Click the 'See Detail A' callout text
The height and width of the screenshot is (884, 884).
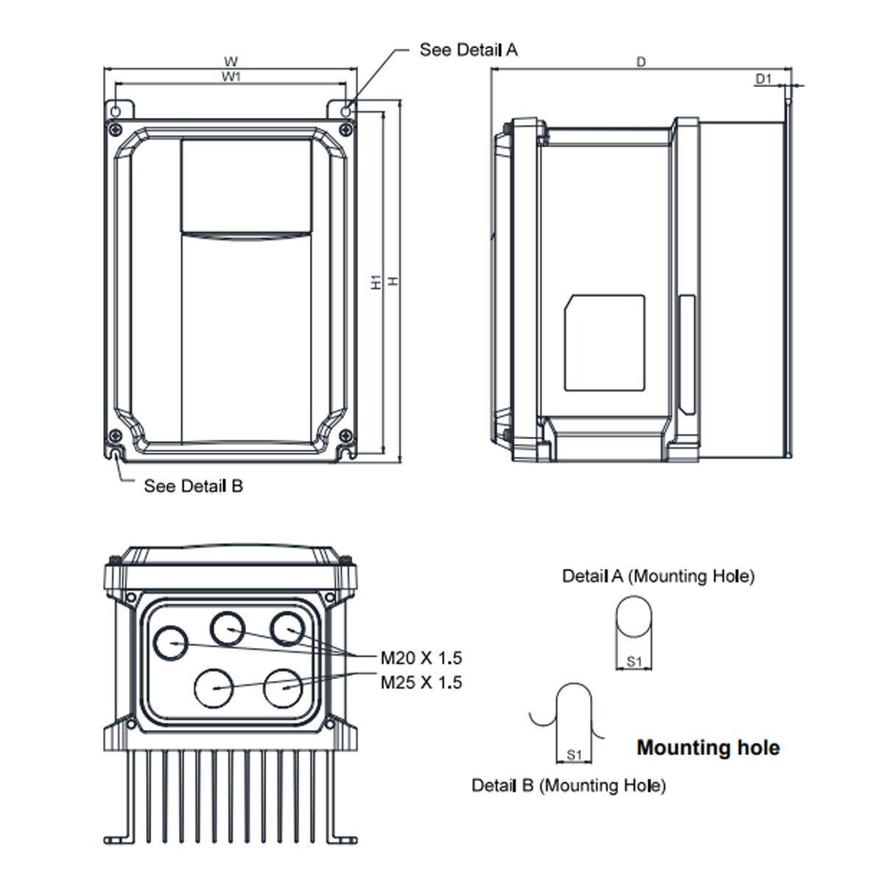point(469,50)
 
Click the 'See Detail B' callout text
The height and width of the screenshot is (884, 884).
point(193,486)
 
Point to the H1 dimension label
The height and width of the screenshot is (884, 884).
point(376,282)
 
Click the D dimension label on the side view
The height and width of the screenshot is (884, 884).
point(641,63)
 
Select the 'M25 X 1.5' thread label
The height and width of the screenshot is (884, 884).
point(421,683)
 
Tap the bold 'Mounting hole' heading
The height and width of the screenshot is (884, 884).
point(708,748)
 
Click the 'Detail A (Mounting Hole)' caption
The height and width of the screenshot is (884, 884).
point(659,576)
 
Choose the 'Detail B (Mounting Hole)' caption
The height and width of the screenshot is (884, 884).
point(569,786)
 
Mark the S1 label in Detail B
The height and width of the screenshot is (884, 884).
point(575,755)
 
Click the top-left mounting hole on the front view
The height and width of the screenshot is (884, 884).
point(116,110)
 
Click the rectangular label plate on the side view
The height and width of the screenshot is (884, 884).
point(604,343)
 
